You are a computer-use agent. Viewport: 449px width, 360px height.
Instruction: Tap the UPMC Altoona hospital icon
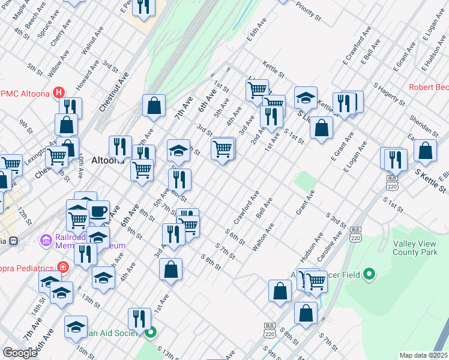coord(59,92)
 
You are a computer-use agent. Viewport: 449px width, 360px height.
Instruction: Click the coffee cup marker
coord(98,212)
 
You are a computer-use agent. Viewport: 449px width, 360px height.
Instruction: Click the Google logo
coord(20,353)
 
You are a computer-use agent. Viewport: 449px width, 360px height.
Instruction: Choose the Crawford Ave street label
coord(246,208)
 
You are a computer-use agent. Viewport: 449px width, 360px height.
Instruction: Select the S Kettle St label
coord(431,181)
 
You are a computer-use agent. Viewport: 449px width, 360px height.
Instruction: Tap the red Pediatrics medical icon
coord(63,266)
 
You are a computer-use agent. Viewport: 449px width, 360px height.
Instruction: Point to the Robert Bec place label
coord(429,87)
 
